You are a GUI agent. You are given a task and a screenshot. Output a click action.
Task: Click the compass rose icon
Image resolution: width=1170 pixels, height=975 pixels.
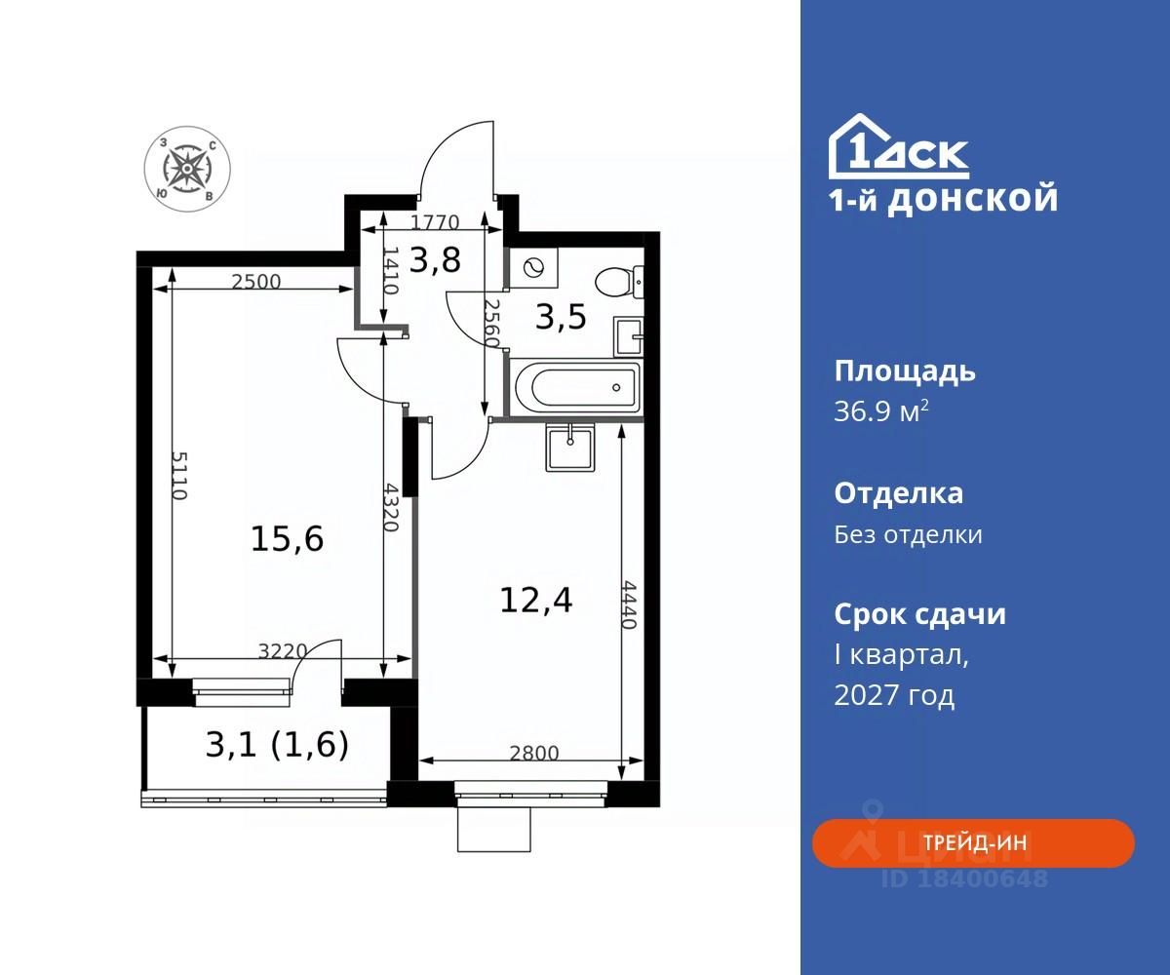coord(187,168)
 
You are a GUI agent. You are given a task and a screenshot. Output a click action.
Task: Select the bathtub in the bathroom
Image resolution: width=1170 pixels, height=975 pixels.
coord(575,387)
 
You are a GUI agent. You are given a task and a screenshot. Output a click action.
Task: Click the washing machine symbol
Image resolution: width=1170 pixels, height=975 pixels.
coord(533,268)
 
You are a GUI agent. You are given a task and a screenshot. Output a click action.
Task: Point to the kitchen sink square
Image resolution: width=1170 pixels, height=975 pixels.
coord(570,448)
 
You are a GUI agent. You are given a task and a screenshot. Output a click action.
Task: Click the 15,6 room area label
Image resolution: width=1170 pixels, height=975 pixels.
coord(287,539)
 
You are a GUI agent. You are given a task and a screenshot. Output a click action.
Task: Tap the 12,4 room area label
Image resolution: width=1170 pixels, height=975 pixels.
coord(535,601)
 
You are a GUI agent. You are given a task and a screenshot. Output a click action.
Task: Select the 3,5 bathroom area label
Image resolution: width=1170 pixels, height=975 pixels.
coord(561,317)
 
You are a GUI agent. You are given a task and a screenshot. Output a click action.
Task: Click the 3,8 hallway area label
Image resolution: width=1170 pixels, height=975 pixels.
coord(435,259)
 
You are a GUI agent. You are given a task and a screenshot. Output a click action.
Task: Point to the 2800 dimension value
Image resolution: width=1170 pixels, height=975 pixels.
coord(534,753)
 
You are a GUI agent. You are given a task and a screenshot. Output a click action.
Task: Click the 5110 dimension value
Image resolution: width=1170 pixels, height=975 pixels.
coord(178,475)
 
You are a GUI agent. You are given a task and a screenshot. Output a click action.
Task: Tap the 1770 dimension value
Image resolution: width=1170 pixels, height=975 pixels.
coord(435,222)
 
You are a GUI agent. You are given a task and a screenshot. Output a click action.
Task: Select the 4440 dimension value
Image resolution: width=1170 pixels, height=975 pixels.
coord(629,604)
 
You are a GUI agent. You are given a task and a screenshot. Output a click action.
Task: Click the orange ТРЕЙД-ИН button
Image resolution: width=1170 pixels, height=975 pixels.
coord(973,842)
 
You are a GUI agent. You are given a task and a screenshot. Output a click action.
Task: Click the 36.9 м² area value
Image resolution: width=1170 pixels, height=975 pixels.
coord(881,411)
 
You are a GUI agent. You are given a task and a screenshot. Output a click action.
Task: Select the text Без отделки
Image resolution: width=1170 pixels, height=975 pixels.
coord(909,534)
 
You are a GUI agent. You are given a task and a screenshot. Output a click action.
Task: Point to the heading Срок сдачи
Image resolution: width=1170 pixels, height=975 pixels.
coord(920,614)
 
